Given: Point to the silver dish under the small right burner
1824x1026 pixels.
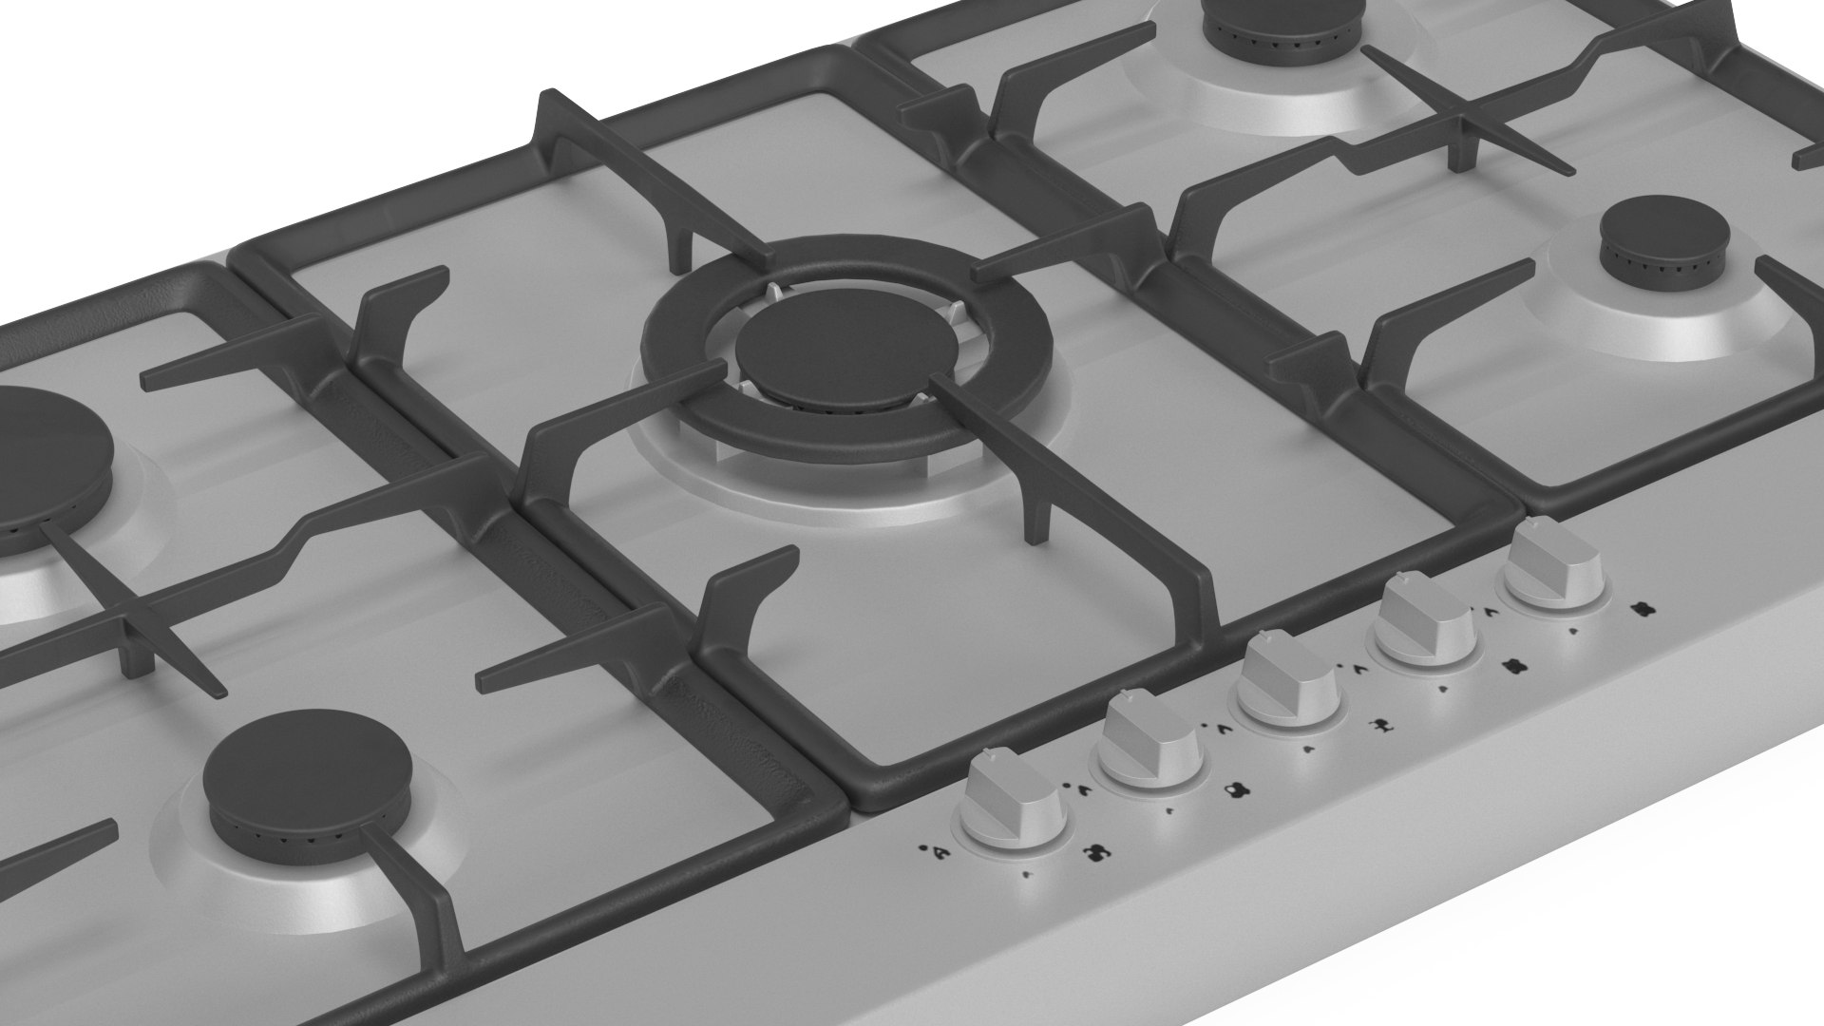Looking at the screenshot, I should (1634, 323).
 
